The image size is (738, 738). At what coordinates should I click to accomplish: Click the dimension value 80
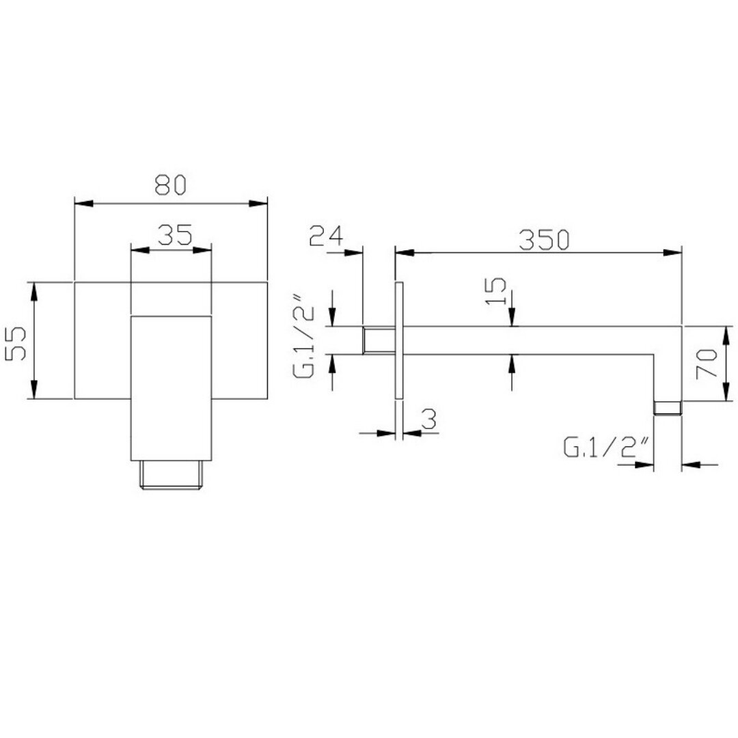coord(170,185)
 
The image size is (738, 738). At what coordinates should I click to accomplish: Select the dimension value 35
coord(175,235)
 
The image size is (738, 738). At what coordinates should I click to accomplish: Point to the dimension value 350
coord(544,240)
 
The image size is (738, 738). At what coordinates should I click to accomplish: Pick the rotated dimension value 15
coord(496,291)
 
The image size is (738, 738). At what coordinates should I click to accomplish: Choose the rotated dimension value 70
coord(707,364)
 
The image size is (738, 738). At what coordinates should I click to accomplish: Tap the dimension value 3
coord(428,419)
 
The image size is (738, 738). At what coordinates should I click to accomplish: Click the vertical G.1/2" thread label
coord(303,336)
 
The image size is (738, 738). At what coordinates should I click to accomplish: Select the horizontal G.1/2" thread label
coord(607,447)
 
